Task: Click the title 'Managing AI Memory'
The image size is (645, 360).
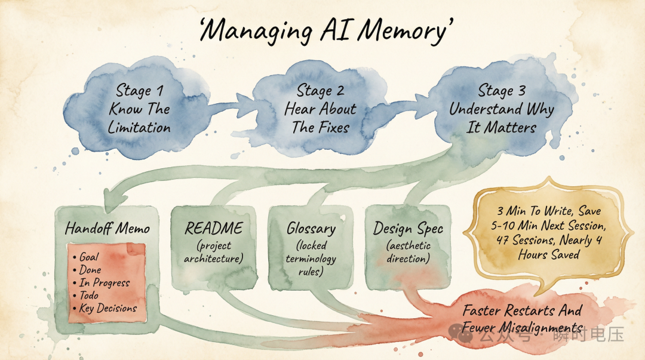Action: coord(323,31)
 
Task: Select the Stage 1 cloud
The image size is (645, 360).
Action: coord(139,109)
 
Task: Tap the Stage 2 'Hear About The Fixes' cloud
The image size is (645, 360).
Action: coord(320,109)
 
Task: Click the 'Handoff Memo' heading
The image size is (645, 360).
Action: coord(107,228)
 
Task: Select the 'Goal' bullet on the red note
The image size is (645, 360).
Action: coord(90,258)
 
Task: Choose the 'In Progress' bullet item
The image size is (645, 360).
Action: coord(104,282)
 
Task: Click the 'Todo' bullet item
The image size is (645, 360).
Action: coord(90,296)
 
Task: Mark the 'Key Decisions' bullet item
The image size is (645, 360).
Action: coord(108,309)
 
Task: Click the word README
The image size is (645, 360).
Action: coord(214,227)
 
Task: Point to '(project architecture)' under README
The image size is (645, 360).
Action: coord(213,253)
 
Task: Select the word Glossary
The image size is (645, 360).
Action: coord(311,228)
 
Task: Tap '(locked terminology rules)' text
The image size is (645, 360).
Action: coord(311,259)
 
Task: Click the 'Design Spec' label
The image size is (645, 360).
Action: coord(408,228)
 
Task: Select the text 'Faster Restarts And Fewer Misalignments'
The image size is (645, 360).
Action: coord(522,319)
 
